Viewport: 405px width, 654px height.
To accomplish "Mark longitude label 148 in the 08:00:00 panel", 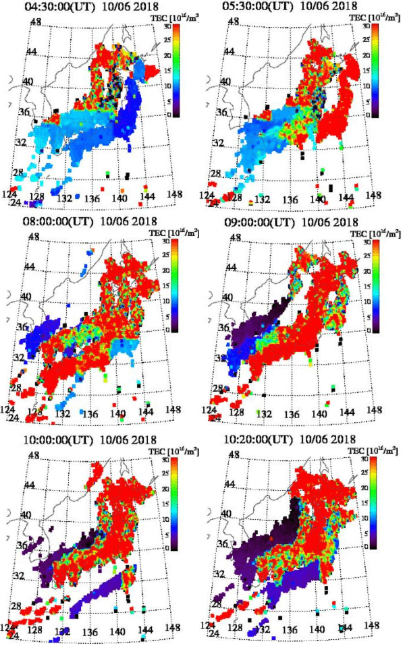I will [x=174, y=409].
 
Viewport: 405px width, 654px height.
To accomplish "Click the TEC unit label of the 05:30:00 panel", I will [x=373, y=18].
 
